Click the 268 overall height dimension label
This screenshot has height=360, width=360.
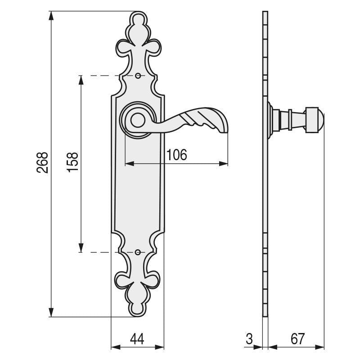(42, 163)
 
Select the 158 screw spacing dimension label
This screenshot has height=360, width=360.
(72, 162)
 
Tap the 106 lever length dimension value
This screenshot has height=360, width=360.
(176, 155)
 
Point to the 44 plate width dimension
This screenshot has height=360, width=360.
(137, 339)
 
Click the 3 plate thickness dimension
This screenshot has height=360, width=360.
(249, 339)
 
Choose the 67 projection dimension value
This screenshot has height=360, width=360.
(297, 339)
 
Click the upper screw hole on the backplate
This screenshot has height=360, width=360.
(138, 76)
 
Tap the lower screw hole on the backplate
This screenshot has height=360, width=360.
(138, 252)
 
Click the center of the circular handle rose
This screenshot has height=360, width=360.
(138, 119)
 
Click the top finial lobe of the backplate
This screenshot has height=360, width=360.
(138, 19)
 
